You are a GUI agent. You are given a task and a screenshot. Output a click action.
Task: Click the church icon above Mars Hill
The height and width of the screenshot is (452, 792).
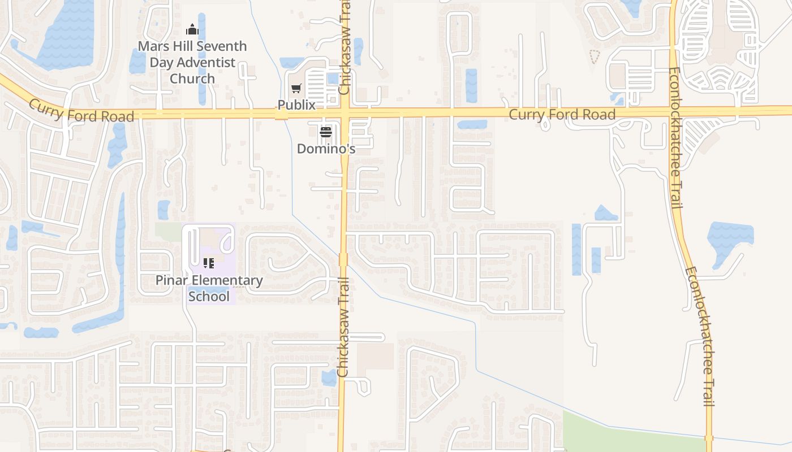(x=192, y=29)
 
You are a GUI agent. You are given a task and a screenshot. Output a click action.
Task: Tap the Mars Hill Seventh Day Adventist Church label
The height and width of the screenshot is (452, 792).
(x=192, y=62)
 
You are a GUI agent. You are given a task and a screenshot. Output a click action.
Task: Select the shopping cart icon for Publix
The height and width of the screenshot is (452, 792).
(x=296, y=88)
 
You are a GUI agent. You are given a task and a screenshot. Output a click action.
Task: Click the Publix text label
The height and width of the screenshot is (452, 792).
(x=296, y=105)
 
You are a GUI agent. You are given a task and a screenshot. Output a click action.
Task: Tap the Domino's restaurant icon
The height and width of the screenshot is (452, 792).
(x=326, y=132)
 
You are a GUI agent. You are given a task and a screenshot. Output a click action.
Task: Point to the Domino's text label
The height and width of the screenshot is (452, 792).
(x=326, y=149)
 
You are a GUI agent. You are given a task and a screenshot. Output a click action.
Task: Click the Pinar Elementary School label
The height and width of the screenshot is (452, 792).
(x=209, y=288)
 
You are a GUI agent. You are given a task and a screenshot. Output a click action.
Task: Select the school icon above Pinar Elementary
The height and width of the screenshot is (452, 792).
(x=209, y=263)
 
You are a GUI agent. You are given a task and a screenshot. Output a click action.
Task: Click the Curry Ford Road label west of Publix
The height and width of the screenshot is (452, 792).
(x=81, y=110)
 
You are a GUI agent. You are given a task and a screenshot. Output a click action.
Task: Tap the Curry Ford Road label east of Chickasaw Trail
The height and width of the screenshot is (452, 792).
(x=562, y=115)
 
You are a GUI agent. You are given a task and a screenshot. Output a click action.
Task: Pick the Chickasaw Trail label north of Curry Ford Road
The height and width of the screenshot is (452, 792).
(x=345, y=48)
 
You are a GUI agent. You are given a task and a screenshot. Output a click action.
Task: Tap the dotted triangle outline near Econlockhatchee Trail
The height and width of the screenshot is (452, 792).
(x=594, y=56)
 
